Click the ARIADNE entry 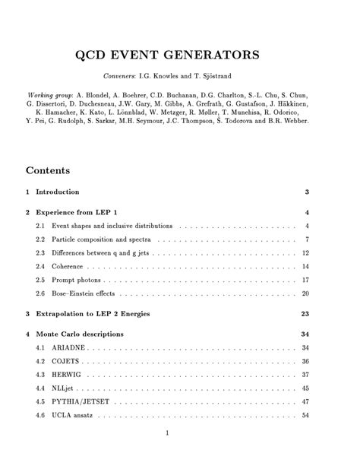coord(70,347)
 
